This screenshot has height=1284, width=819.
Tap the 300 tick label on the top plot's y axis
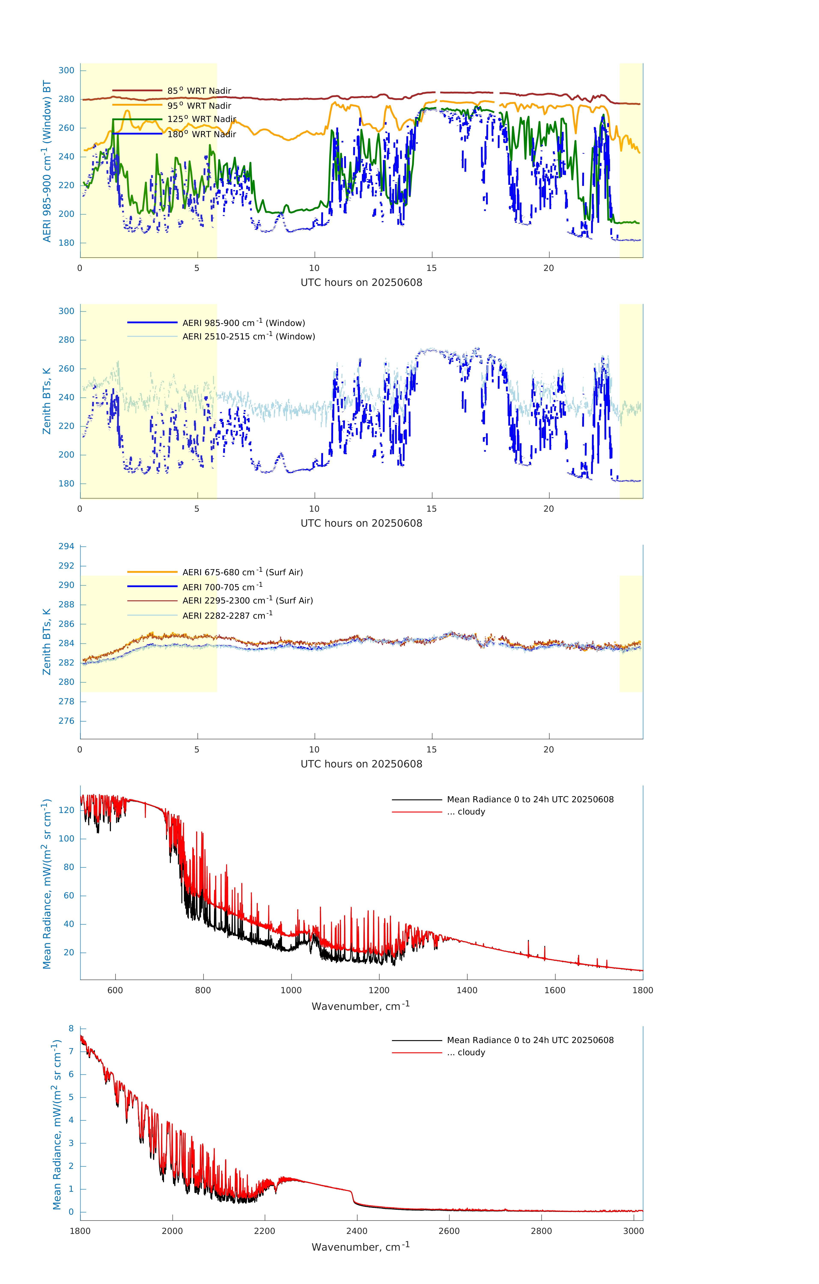click(67, 70)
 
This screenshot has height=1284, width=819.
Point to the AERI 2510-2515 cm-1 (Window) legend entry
click(249, 336)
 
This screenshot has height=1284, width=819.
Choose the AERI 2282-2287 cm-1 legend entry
click(227, 615)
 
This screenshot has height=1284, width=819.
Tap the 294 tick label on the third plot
click(67, 546)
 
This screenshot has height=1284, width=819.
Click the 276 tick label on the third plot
click(67, 721)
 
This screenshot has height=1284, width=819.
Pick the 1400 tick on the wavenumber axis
click(467, 990)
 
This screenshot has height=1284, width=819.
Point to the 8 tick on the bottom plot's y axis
click(71, 1028)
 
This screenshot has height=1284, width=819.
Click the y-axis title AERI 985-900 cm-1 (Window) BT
click(47, 161)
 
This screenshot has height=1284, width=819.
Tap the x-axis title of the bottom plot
click(361, 1247)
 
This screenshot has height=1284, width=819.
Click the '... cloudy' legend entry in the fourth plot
click(466, 811)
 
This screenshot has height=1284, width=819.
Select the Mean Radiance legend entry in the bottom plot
click(530, 1040)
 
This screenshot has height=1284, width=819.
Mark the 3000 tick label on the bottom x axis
click(633, 1231)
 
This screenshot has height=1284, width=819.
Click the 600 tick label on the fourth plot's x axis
click(115, 990)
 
